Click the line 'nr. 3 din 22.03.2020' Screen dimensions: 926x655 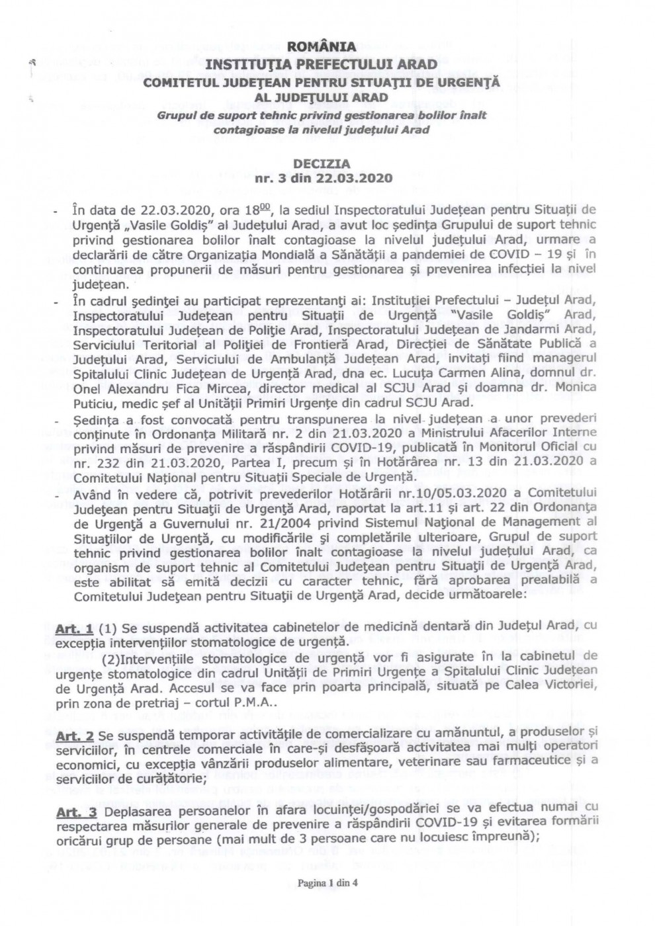324,178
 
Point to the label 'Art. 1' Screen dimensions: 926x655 74,625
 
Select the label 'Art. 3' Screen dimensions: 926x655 77,812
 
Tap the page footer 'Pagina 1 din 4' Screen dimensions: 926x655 327,882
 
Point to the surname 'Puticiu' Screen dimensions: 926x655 95,402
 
